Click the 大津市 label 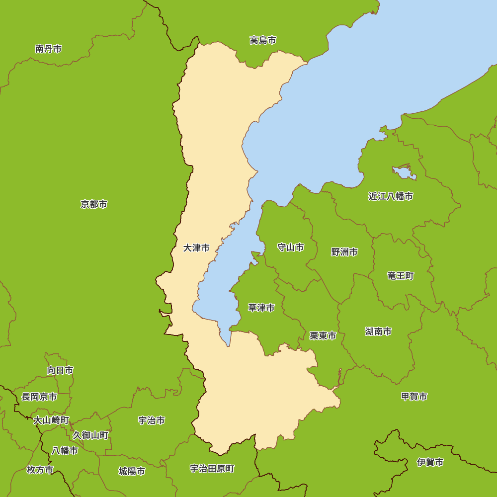(x=196, y=248)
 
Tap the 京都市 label (x=94, y=204)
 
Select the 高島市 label (x=263, y=40)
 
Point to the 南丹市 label (x=49, y=49)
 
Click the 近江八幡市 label (x=391, y=196)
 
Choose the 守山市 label (x=290, y=248)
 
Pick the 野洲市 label (x=344, y=252)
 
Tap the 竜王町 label (x=401, y=276)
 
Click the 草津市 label (x=261, y=308)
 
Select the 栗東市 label (x=323, y=336)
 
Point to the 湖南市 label (x=378, y=331)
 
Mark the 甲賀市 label (x=414, y=397)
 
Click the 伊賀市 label (x=430, y=463)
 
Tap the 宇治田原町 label (x=212, y=469)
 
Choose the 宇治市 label (x=152, y=420)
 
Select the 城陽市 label (x=132, y=471)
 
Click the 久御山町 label (x=90, y=435)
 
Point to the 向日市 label (x=60, y=370)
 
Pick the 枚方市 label (x=40, y=470)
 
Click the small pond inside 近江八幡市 (x=404, y=173)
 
